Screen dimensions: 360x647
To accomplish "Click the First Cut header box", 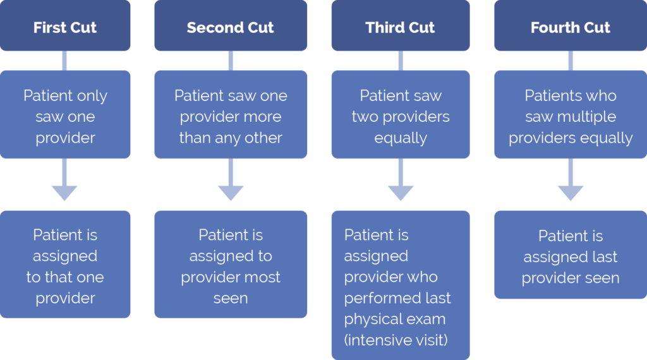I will (65, 27).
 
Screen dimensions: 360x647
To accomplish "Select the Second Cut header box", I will (231, 27).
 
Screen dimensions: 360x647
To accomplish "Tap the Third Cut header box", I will (400, 27).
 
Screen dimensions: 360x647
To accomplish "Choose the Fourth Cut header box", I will (570, 27).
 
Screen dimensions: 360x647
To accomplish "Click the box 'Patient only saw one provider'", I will (65, 116).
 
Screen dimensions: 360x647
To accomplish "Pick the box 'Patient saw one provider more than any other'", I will (231, 116).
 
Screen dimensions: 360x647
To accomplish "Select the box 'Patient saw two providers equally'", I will (400, 116).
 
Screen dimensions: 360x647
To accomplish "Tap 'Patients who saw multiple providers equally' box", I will (570, 116).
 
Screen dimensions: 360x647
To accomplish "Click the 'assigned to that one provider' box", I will (65, 265).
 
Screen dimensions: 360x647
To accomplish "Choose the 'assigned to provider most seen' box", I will (231, 265).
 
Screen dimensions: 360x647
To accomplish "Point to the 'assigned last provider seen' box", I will (570, 256).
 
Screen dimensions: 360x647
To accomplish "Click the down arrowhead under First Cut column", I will (65, 192).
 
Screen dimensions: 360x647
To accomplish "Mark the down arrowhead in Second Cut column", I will (231, 192).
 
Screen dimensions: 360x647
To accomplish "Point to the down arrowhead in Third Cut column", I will (401, 192).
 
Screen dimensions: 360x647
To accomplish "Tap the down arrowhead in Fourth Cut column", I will (571, 192).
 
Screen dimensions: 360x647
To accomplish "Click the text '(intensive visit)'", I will (396, 340).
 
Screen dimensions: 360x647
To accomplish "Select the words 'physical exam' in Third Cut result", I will (395, 320).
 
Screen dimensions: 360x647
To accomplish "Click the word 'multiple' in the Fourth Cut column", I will (584, 117).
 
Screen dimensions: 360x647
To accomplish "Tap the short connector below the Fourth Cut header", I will (571, 61).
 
